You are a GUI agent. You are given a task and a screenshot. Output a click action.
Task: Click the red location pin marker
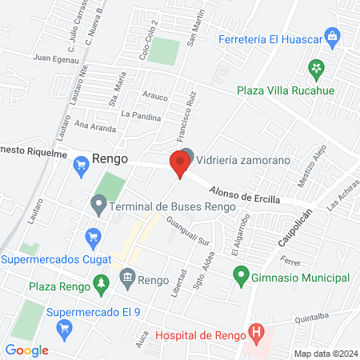pos(179,165)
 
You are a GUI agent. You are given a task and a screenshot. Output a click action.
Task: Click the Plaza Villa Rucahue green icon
pos(318,67)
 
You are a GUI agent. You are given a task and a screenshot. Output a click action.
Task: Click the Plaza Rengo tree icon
pos(100,282)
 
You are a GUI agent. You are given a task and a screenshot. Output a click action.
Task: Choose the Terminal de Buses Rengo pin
pos(98,206)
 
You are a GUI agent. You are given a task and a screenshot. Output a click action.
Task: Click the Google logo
pos(27,350)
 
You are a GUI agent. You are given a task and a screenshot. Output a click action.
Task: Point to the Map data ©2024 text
pos(326,354)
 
